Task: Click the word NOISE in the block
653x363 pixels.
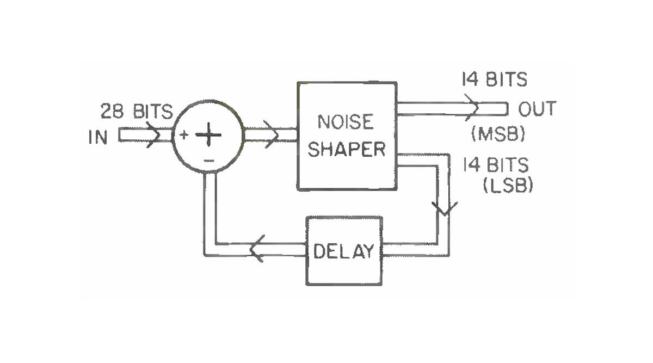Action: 346,122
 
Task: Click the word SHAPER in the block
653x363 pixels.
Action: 346,149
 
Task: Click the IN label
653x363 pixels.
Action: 97,138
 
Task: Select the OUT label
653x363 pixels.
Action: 537,109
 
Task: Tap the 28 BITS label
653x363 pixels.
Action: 135,112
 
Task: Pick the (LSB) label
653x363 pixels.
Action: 507,186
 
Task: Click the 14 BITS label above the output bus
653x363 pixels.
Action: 494,80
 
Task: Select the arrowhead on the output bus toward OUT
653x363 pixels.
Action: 472,107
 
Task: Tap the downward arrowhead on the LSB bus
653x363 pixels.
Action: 445,208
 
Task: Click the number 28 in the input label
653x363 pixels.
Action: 110,112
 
